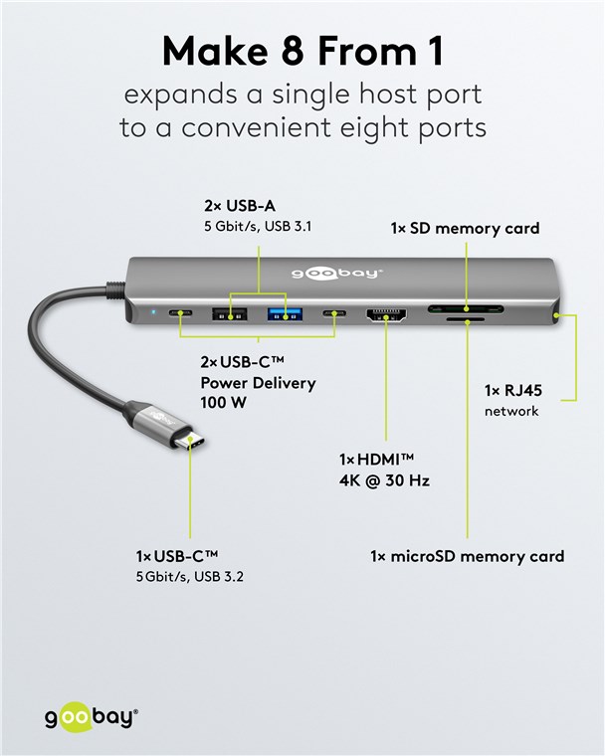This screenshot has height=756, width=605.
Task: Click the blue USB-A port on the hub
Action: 286,314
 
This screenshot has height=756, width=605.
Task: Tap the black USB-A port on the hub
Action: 230,314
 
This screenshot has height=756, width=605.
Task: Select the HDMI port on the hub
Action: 386,315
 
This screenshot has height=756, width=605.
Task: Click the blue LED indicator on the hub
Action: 153,312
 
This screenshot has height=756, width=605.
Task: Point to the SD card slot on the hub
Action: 466,309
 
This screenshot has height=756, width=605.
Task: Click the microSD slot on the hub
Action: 466,319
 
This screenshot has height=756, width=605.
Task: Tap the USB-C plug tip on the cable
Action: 189,441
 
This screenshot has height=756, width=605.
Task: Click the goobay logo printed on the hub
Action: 336,274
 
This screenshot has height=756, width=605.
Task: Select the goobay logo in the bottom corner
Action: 92,718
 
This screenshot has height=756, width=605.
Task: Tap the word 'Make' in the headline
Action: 215,51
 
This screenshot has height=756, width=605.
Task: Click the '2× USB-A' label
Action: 240,206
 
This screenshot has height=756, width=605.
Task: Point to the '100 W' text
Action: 223,402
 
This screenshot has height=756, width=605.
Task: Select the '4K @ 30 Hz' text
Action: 384,480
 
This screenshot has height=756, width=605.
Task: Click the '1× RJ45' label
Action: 512,391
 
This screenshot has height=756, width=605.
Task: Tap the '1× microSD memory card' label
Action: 467,556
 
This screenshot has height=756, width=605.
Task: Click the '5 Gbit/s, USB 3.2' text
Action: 190,576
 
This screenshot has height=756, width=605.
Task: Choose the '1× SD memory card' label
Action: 465,228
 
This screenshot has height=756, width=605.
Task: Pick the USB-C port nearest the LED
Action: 180,313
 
